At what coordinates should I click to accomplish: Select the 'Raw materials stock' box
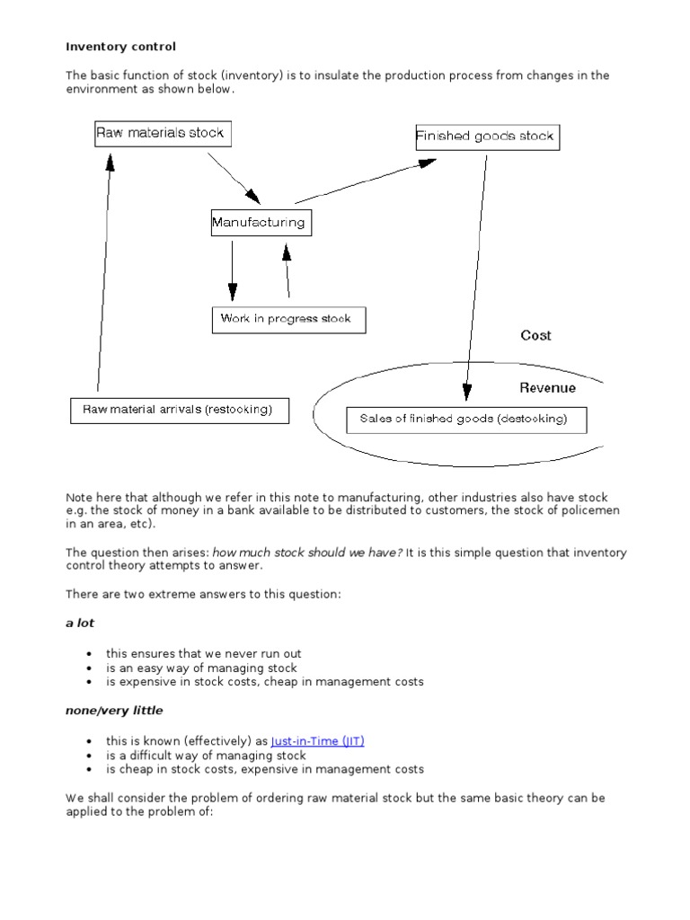click(x=161, y=134)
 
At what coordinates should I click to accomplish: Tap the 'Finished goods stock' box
click(x=485, y=137)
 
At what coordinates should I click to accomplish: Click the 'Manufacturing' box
click(x=261, y=223)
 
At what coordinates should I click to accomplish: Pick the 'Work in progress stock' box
click(x=288, y=319)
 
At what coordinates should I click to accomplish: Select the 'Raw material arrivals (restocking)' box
click(x=180, y=411)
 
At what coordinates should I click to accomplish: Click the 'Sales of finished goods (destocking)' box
click(x=466, y=420)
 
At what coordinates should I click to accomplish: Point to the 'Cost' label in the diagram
click(x=535, y=335)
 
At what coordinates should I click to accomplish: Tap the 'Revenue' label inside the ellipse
click(x=547, y=388)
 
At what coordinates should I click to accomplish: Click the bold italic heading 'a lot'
click(x=80, y=623)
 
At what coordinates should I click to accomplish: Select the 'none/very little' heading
click(x=114, y=711)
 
